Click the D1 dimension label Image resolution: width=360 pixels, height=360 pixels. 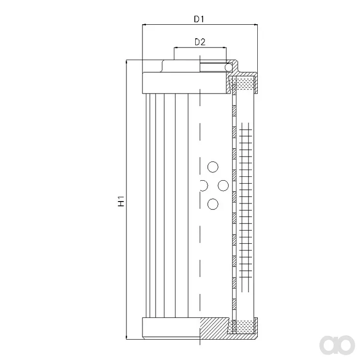point(199,19)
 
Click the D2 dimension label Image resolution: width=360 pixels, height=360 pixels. point(200,42)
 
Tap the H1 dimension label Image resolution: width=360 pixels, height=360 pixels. point(121,201)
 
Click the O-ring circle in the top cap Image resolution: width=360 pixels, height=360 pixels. point(228,67)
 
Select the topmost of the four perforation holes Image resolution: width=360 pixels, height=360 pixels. point(213,167)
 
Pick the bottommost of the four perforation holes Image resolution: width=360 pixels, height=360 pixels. point(213,204)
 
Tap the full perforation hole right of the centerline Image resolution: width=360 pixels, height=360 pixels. point(223,186)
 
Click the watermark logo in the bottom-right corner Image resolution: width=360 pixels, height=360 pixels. point(337,345)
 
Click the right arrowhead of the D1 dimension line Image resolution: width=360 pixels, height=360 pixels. point(255,24)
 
